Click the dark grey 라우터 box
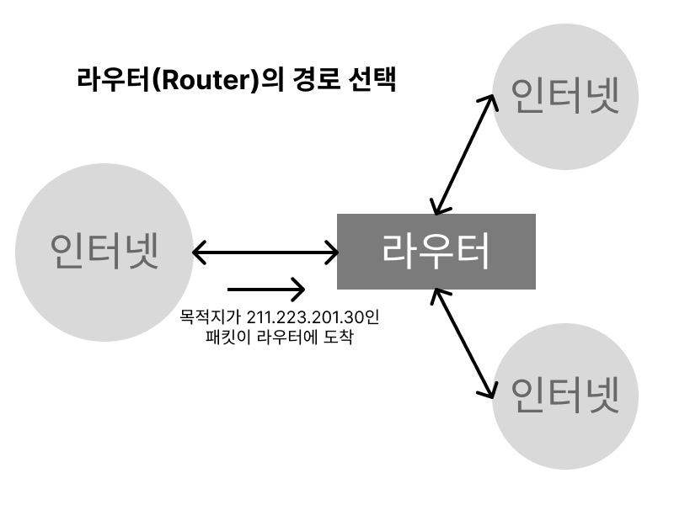click(436, 251)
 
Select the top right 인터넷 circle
click(565, 97)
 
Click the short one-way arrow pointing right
click(265, 290)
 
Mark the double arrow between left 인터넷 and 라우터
click(265, 251)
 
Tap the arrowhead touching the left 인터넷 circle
click(198, 251)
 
